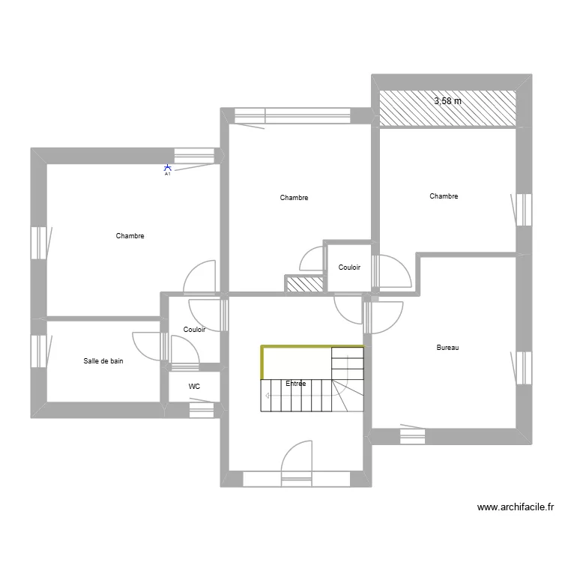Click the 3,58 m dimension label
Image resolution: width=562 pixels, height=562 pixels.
[448, 100]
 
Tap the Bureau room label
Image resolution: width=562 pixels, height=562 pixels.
[447, 348]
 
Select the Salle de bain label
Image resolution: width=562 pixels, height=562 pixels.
[103, 361]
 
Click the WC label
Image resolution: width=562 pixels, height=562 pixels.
[194, 387]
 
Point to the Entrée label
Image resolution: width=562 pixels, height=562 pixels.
[296, 384]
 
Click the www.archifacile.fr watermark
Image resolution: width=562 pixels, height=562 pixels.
[516, 507]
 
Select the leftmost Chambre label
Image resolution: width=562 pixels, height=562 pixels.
[130, 236]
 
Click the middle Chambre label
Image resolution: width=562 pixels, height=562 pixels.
[294, 198]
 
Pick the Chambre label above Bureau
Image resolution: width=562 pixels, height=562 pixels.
[444, 196]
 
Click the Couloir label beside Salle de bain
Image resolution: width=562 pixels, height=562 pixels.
[194, 329]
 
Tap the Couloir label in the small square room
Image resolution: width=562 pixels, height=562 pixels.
[349, 268]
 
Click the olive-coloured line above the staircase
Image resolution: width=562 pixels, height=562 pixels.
[311, 347]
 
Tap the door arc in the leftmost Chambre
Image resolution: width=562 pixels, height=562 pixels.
[200, 274]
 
